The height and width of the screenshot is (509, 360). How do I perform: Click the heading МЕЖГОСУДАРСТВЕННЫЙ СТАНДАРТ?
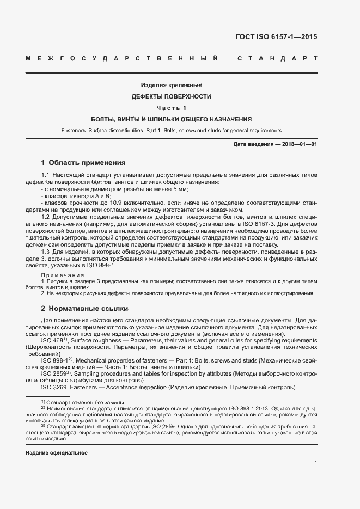click(x=171, y=58)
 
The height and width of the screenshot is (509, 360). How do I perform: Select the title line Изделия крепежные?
click(x=171, y=85)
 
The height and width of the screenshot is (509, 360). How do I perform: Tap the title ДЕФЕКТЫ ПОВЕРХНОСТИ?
click(x=171, y=96)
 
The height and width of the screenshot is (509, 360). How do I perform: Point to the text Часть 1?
click(x=171, y=108)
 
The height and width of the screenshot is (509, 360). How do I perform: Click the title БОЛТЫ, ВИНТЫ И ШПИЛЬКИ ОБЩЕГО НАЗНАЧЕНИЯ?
click(x=171, y=119)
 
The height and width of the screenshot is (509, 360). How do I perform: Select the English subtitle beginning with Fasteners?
click(x=171, y=131)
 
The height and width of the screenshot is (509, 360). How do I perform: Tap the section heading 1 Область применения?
click(x=83, y=162)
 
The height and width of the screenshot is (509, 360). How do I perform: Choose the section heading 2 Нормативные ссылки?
click(x=84, y=308)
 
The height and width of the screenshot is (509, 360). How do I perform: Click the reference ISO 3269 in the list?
click(x=52, y=387)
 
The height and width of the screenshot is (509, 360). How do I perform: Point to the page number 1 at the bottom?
click(x=315, y=463)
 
